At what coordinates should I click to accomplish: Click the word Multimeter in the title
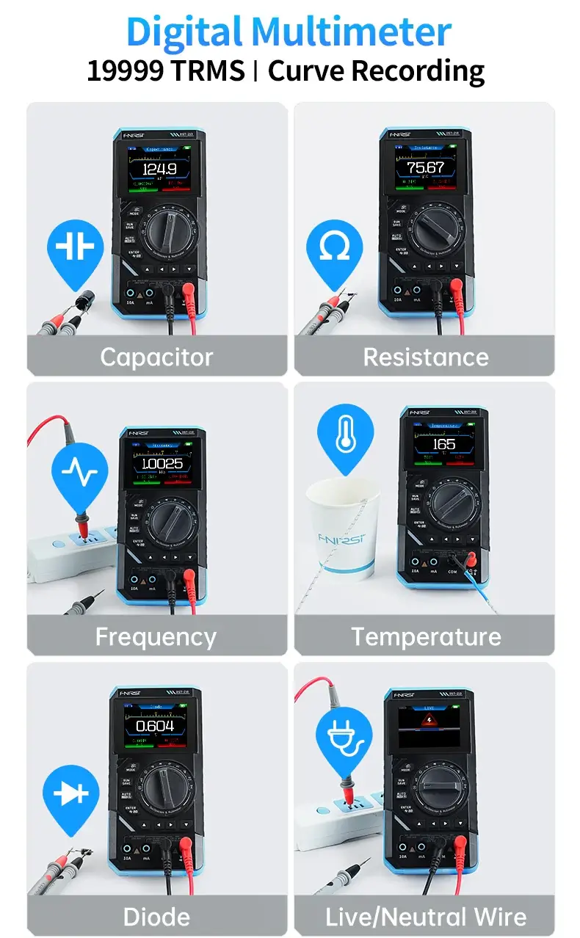[x=351, y=32]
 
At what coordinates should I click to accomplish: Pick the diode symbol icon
[x=70, y=795]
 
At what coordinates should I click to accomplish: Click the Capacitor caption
[x=156, y=357]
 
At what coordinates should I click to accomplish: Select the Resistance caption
[x=425, y=357]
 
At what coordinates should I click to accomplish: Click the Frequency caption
[x=156, y=636]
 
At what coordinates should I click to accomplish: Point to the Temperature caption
[x=426, y=636]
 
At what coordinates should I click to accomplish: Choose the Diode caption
[x=156, y=917]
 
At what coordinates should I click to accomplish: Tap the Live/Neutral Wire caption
[x=426, y=917]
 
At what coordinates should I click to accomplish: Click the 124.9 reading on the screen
[x=159, y=170]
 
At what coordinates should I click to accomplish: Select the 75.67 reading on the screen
[x=426, y=168]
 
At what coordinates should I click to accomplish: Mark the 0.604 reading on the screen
[x=155, y=726]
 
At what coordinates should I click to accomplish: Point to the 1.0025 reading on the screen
[x=162, y=464]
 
